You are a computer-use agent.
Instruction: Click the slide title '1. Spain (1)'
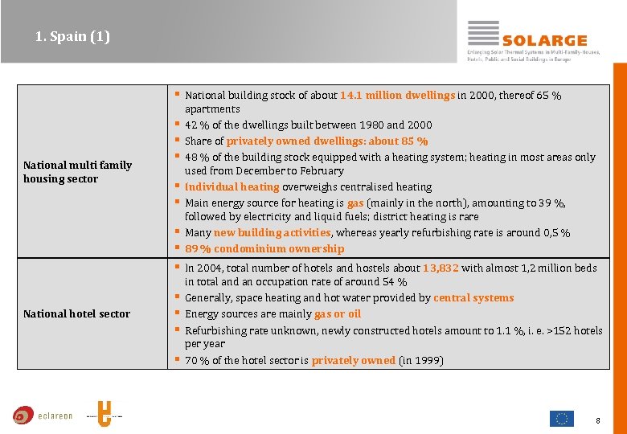(72, 36)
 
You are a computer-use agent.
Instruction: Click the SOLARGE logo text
(544, 40)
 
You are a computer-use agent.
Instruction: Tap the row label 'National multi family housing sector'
(77, 172)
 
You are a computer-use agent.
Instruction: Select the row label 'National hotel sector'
(76, 313)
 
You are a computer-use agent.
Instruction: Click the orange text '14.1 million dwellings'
(397, 95)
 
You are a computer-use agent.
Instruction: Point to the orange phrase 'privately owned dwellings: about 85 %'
(327, 141)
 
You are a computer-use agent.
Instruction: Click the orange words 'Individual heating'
(232, 186)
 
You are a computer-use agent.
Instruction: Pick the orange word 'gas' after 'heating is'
(355, 203)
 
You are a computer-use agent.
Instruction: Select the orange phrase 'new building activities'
(273, 232)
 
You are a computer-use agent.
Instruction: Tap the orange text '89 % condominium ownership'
(264, 248)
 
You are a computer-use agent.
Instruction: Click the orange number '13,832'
(441, 268)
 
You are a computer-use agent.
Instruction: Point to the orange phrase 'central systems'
(473, 297)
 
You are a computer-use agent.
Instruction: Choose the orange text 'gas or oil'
(338, 313)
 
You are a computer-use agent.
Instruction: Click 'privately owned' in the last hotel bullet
(353, 360)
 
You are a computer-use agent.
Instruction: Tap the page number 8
(598, 420)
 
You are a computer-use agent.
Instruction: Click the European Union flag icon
(561, 418)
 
